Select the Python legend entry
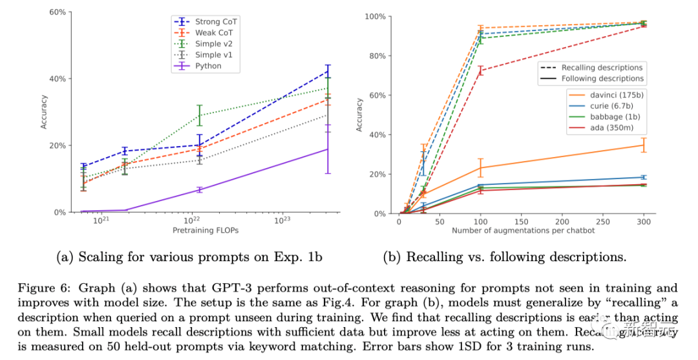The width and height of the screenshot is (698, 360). tap(208, 66)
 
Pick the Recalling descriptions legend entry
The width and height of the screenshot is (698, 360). tap(602, 67)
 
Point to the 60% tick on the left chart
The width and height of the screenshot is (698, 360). tap(56, 12)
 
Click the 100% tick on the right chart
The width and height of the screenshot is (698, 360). tap(375, 16)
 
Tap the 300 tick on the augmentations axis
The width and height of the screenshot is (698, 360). tap(644, 221)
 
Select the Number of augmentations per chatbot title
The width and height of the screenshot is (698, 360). tap(523, 230)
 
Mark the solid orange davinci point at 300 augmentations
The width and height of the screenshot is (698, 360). tap(644, 145)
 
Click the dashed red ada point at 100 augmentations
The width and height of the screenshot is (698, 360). tap(480, 70)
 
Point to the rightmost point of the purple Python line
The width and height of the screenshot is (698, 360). tap(328, 149)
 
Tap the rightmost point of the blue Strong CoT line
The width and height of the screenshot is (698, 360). tap(328, 70)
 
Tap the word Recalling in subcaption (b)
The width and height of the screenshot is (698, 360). tap(434, 257)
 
